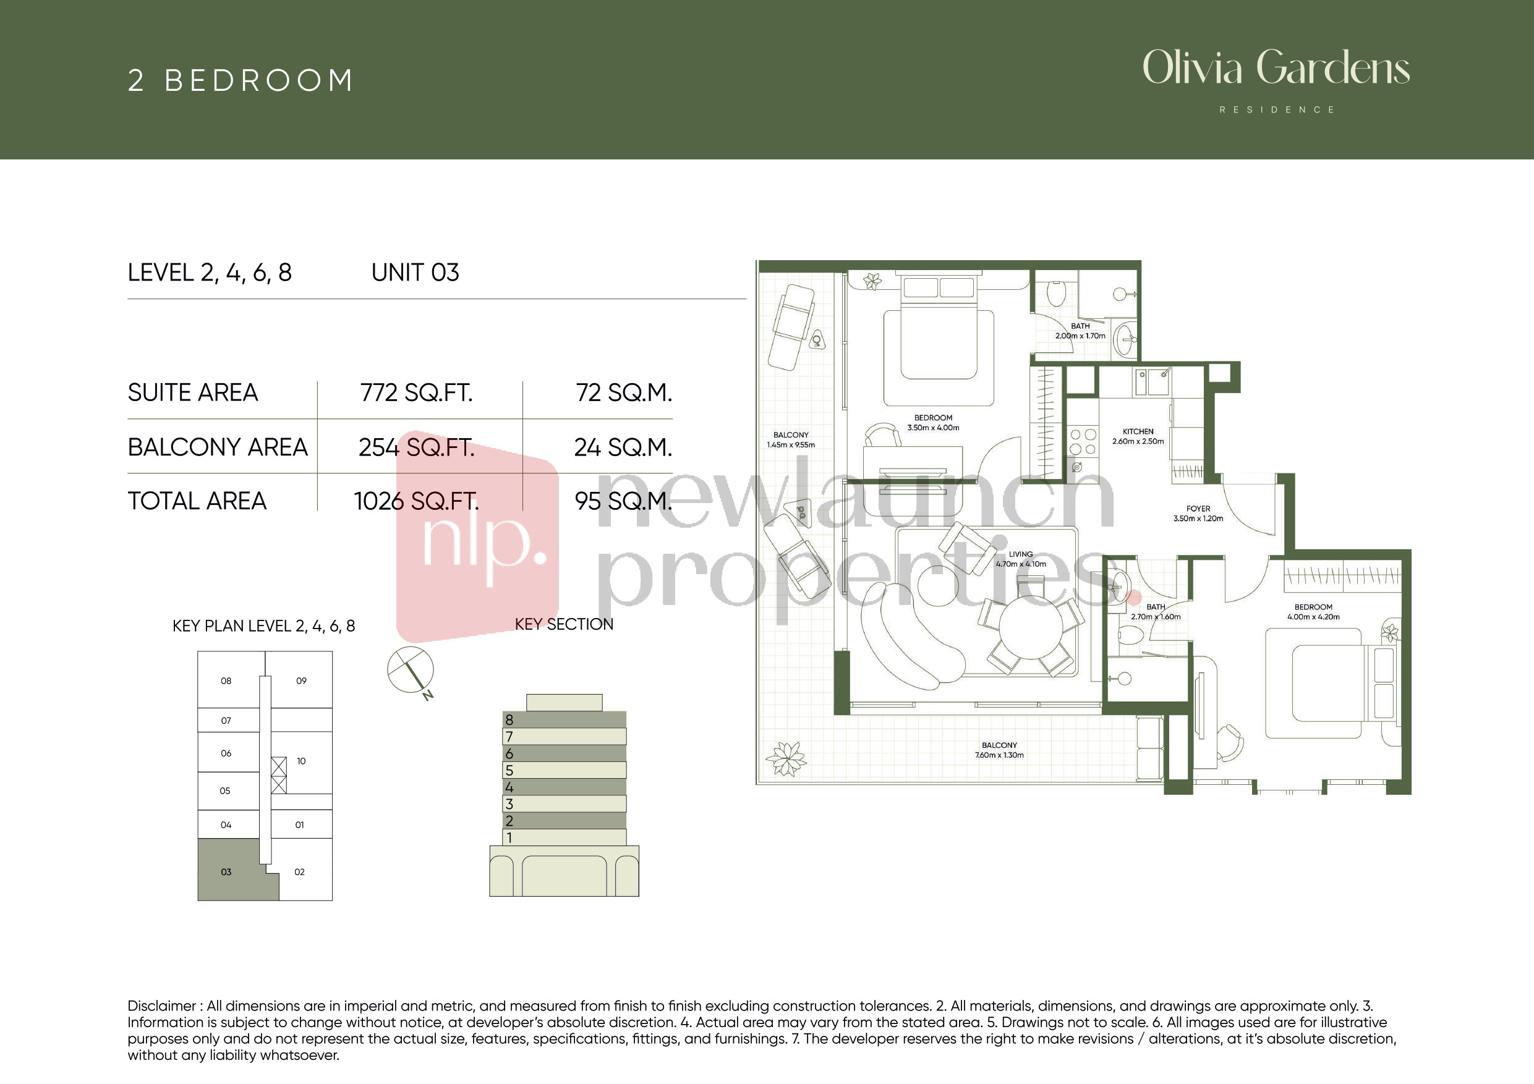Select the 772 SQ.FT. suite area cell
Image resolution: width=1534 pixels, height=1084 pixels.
(416, 392)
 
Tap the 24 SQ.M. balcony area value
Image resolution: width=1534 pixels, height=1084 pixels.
(623, 447)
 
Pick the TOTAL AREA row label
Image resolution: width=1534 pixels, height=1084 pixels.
(197, 501)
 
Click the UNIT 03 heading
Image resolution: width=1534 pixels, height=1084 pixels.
(415, 273)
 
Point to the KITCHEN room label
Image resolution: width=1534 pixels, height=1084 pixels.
(1138, 436)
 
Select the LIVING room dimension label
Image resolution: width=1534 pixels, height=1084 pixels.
(1021, 559)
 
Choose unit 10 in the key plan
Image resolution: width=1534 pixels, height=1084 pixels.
(301, 761)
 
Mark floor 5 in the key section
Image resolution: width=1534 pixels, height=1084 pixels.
(564, 770)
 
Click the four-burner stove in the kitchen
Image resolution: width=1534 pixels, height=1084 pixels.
(1083, 441)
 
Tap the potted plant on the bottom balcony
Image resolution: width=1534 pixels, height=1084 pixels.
(786, 760)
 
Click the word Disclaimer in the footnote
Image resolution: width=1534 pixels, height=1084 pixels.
(161, 1006)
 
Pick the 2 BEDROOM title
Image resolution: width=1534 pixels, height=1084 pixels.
(240, 80)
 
